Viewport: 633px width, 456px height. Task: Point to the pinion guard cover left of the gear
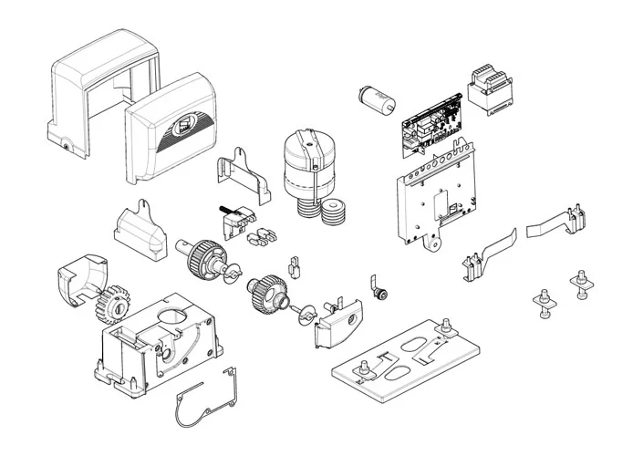(76, 282)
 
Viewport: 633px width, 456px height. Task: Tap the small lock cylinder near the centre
(383, 294)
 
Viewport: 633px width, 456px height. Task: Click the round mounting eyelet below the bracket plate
(436, 242)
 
